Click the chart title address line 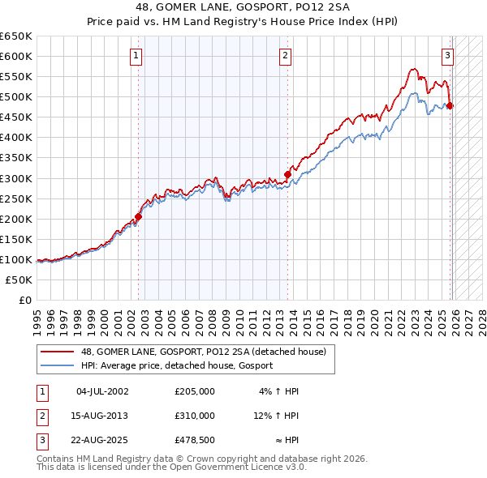pyautogui.click(x=243, y=7)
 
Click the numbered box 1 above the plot pyautogui.click(x=135, y=56)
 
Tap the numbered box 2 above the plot pyautogui.click(x=286, y=56)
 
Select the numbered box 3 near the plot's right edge pyautogui.click(x=447, y=56)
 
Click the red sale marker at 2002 pyautogui.click(x=138, y=216)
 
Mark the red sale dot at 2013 pyautogui.click(x=288, y=173)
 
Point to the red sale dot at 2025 pyautogui.click(x=450, y=105)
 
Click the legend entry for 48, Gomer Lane pyautogui.click(x=204, y=352)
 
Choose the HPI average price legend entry pyautogui.click(x=176, y=365)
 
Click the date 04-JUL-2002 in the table pyautogui.click(x=102, y=391)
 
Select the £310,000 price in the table pyautogui.click(x=194, y=415)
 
